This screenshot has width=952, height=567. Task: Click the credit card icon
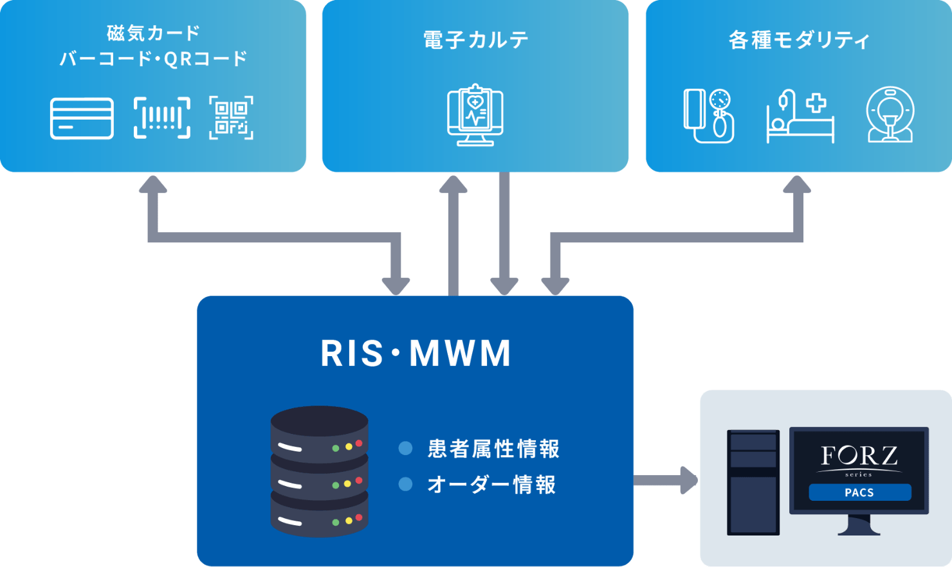pos(82,118)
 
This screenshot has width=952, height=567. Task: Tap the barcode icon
pos(161,118)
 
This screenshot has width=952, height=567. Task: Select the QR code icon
pos(231,118)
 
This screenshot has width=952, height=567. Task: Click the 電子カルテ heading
pos(475,40)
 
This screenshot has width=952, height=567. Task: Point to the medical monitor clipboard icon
pos(475,115)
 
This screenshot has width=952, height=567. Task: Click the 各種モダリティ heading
pos(799,40)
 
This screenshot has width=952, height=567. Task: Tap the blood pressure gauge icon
pos(709,116)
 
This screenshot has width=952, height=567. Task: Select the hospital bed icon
pos(800,117)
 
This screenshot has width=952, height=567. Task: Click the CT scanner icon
pos(890,115)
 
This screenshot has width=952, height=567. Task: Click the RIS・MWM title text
pos(416,353)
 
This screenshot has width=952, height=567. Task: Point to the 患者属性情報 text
pos(493,449)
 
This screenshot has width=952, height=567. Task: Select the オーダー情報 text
pos(491,485)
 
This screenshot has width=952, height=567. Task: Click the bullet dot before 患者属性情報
pos(405,448)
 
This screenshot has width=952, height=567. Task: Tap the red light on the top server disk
pos(359,444)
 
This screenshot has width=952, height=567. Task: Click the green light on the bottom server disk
pos(335,523)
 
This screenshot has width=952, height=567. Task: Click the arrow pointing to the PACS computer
pos(666,480)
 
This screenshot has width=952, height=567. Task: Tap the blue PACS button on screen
pos(859,492)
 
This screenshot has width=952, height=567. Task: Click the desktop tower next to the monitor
pos(753,482)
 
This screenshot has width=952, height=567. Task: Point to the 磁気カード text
pos(153,32)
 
